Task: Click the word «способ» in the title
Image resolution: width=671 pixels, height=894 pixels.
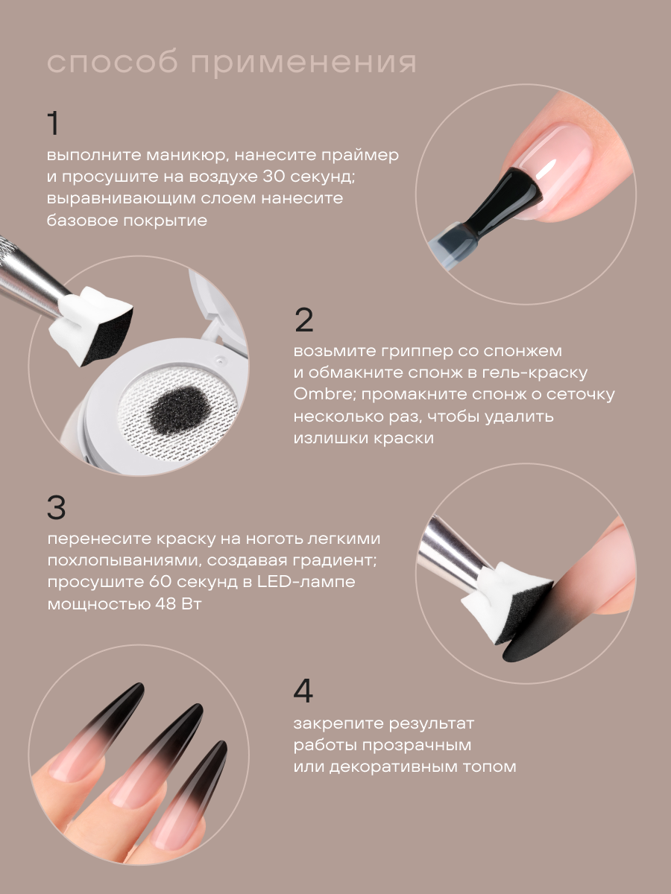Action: click(113, 63)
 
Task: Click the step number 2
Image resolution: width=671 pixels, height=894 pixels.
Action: click(304, 320)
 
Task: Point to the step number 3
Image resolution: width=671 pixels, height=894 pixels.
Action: click(56, 507)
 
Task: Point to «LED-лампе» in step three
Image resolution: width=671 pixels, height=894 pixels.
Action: click(306, 581)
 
